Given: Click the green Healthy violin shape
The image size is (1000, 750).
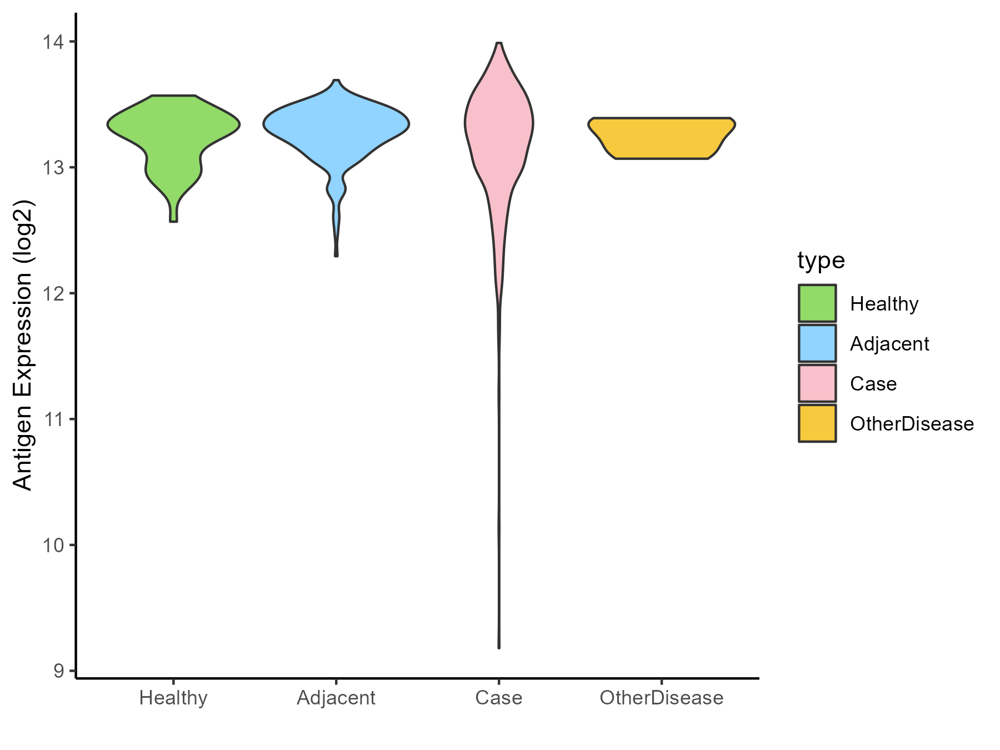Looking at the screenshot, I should [173, 133].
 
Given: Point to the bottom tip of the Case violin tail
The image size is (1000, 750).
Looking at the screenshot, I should [499, 647].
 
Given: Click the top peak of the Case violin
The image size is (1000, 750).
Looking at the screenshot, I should [499, 44].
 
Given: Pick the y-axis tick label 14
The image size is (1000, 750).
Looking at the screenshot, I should [54, 42].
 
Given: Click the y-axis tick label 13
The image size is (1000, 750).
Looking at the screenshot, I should [54, 168].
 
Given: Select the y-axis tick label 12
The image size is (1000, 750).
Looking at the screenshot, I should [54, 293].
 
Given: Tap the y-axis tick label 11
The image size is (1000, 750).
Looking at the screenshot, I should [54, 419].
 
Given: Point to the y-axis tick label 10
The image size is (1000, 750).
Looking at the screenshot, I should [54, 545].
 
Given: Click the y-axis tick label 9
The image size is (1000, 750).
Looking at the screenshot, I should [59, 671].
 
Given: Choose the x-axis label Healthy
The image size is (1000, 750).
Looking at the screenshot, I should [173, 698].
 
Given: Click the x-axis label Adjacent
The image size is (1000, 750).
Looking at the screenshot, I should [336, 698].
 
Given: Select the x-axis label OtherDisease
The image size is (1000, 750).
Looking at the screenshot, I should [661, 698].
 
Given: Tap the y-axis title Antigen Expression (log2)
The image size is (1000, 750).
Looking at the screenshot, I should [23, 344].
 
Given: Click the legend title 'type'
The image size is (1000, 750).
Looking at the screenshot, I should [821, 260].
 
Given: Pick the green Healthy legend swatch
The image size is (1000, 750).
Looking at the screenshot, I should [817, 303].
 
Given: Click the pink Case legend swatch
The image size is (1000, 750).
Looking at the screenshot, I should [817, 383].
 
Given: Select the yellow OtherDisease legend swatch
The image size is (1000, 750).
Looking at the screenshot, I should [817, 423].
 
